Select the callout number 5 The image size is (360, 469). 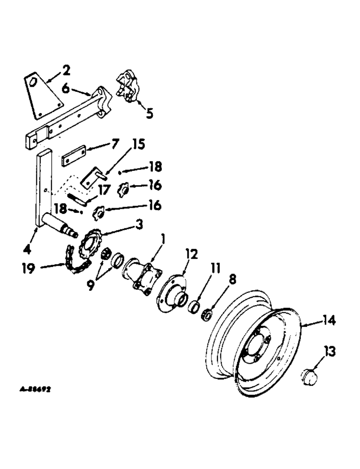pos(149,113)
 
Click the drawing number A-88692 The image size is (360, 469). pos(36,389)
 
